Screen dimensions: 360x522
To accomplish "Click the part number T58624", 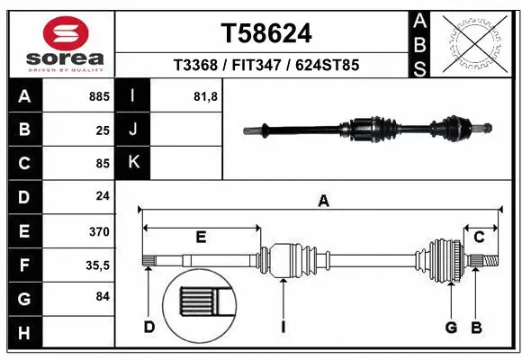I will [x=266, y=34].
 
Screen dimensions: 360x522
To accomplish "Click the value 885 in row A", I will [x=98, y=96].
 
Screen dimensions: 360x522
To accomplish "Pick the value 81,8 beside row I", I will [x=206, y=96].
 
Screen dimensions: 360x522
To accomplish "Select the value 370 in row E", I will [x=98, y=231].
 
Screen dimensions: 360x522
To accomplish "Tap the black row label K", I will [x=132, y=163].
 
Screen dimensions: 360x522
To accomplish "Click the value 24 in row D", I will [x=102, y=197].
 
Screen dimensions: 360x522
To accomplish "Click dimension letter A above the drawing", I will [x=323, y=202].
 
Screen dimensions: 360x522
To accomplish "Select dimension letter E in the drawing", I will [x=201, y=237].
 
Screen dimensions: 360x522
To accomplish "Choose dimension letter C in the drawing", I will [x=480, y=237].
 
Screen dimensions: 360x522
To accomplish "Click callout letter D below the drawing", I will [x=149, y=326].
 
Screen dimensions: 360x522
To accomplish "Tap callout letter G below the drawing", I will [x=452, y=326].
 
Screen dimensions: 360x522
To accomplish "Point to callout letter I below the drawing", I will [x=283, y=326].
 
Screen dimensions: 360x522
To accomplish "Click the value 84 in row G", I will [x=102, y=298].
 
